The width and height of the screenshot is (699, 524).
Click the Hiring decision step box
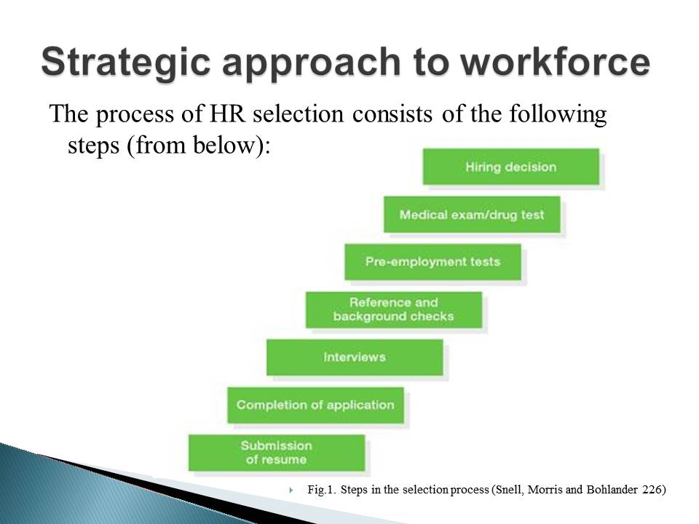click(511, 167)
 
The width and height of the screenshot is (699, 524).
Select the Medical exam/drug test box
click(472, 214)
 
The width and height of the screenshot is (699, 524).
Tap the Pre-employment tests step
click(433, 262)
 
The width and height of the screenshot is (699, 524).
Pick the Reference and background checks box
click(394, 310)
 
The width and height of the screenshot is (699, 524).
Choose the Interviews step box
click(355, 357)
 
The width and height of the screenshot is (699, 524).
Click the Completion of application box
click(315, 405)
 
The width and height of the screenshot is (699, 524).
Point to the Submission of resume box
click(277, 453)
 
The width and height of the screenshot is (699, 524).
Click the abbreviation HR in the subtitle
click(227, 114)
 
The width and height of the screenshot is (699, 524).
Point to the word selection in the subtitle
click(298, 114)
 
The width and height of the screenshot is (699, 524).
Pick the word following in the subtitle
click(558, 115)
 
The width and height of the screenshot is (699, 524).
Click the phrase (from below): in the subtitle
click(198, 146)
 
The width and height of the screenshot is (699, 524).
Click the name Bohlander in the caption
click(612, 490)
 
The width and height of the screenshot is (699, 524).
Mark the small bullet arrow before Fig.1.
click(291, 490)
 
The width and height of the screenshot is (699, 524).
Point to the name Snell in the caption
click(508, 490)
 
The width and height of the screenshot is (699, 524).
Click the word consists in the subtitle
click(392, 114)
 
